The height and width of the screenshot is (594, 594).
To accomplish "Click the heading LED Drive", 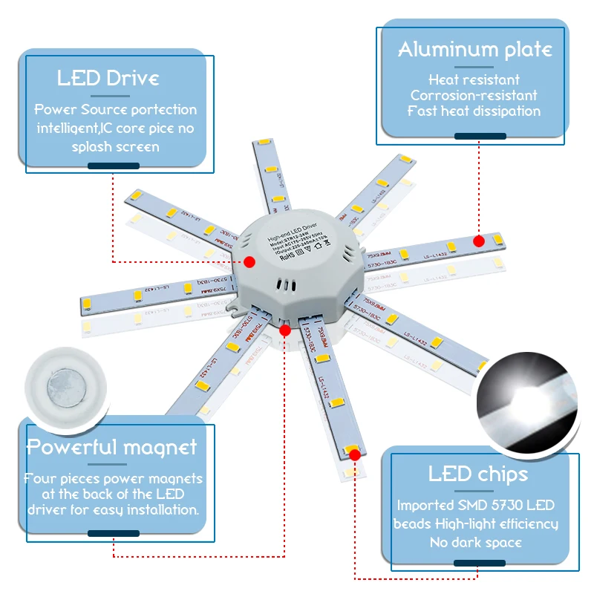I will [x=108, y=79].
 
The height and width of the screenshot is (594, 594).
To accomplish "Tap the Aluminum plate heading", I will [x=475, y=50].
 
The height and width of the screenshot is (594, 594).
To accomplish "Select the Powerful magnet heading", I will [x=112, y=447].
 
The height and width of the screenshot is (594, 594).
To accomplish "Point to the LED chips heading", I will [x=478, y=474].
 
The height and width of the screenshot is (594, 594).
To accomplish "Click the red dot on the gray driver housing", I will [x=249, y=261].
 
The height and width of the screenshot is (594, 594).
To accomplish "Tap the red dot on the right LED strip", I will [x=479, y=241].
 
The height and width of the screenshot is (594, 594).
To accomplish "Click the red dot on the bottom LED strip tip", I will [x=354, y=452].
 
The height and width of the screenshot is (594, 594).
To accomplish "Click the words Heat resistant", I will [x=474, y=79].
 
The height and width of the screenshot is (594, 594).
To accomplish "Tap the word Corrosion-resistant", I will [x=474, y=95].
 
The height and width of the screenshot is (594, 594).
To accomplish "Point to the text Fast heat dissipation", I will [x=474, y=111].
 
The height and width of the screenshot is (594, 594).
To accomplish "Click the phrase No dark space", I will [x=476, y=542].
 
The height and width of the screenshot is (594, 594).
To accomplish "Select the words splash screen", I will [x=115, y=146].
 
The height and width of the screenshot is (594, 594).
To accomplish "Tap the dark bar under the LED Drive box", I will [x=113, y=166].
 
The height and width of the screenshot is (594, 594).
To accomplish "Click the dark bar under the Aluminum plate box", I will [x=480, y=136].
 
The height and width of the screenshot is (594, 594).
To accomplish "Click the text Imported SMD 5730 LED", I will [x=476, y=506].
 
